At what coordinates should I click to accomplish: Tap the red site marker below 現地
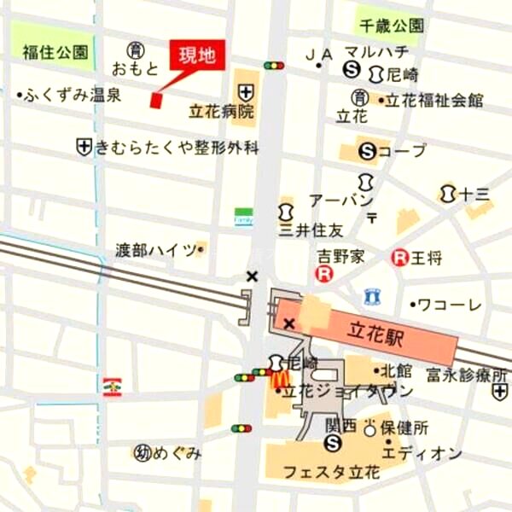(156, 100)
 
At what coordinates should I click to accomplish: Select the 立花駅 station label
(375, 329)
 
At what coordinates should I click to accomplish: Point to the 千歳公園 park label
(391, 26)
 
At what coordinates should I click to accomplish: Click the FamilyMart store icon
(244, 217)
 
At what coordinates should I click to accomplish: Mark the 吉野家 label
(342, 255)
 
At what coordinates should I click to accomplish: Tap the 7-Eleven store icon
(112, 386)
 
